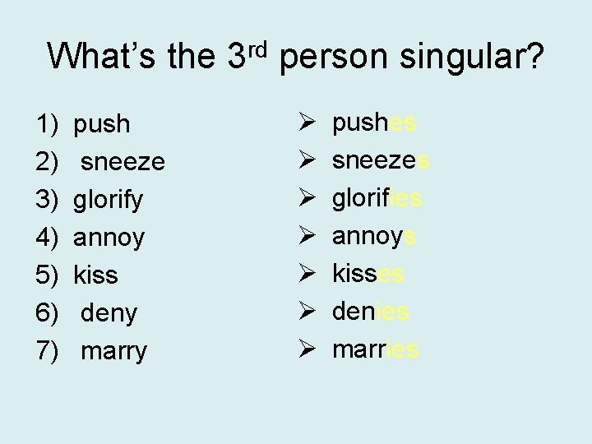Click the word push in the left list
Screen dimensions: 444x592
(x=102, y=125)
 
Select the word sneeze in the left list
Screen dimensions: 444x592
(x=123, y=163)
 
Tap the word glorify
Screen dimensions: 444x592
(x=109, y=201)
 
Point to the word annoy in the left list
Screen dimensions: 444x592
(x=109, y=238)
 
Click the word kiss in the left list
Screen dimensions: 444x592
(x=96, y=276)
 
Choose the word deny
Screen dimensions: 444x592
(x=109, y=313)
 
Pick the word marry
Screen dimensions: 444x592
(x=113, y=352)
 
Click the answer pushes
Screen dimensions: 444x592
(x=374, y=123)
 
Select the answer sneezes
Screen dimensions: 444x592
(x=381, y=161)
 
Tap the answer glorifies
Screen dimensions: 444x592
(x=377, y=199)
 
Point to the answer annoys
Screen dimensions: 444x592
(x=374, y=237)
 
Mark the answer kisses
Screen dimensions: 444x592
(x=368, y=275)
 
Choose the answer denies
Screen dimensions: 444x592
(x=370, y=312)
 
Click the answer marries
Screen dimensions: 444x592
(x=375, y=350)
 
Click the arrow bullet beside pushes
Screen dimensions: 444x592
(x=297, y=123)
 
